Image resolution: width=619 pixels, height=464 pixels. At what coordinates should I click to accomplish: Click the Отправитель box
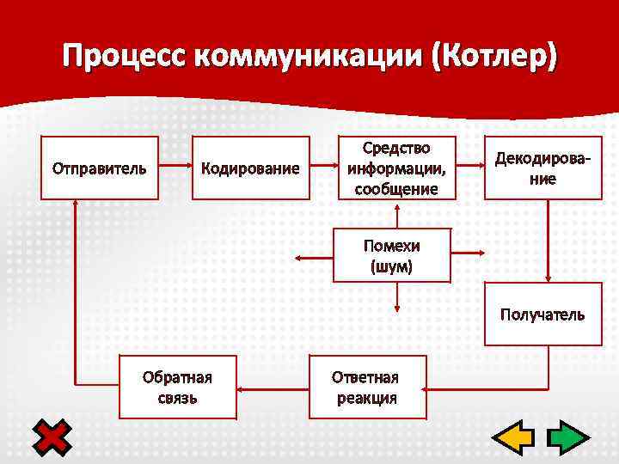[x=100, y=168]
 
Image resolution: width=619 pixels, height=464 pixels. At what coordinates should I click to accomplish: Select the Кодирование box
[x=250, y=168]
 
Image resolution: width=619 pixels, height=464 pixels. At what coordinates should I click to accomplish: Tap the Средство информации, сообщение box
[x=395, y=168]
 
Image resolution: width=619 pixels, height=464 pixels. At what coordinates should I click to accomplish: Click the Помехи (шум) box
[x=391, y=255]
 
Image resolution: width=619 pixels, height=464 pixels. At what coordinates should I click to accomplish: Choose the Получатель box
[x=542, y=314]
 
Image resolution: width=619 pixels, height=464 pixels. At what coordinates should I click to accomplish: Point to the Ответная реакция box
[x=366, y=388]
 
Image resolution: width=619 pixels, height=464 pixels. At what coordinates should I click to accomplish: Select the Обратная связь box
[x=177, y=388]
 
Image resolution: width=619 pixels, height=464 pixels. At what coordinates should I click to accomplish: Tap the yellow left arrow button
[x=513, y=438]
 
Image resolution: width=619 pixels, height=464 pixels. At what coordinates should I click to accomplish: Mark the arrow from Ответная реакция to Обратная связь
[x=273, y=388]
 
